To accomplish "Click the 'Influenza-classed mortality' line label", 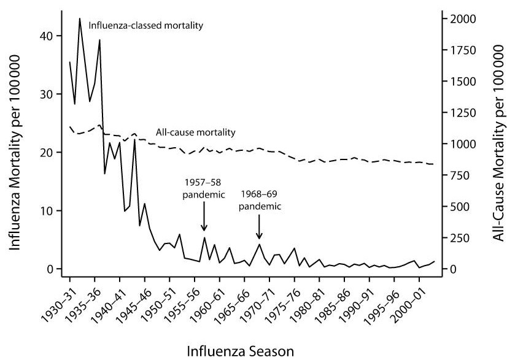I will coord(145,26).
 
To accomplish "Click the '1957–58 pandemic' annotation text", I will coord(204,189).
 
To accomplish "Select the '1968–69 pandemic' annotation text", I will coord(259,201).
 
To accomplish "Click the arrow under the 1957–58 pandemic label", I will coord(204,219).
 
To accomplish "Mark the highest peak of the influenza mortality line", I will coord(80,18).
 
